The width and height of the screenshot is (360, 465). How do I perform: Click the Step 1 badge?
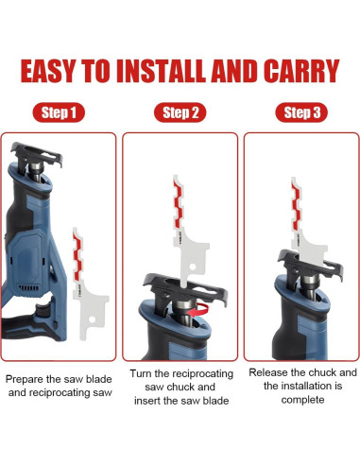tap(59, 112)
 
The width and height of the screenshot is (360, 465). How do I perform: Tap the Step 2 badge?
tap(180, 112)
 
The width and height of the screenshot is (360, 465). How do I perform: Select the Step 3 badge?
tap(301, 112)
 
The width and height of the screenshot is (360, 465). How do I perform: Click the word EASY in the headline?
tap(48, 71)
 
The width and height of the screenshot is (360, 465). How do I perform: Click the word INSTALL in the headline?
tap(162, 71)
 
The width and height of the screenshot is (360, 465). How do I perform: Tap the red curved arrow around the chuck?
tap(198, 310)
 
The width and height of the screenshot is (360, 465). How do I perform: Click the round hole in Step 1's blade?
tap(92, 319)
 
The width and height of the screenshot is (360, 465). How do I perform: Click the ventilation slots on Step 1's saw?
tap(29, 288)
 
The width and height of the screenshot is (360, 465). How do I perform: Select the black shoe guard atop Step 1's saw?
tap(36, 155)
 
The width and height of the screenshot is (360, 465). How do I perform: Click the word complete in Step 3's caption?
tap(302, 400)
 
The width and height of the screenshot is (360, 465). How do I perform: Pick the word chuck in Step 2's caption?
tap(180, 387)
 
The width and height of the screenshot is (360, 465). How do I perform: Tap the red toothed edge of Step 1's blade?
tap(77, 257)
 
